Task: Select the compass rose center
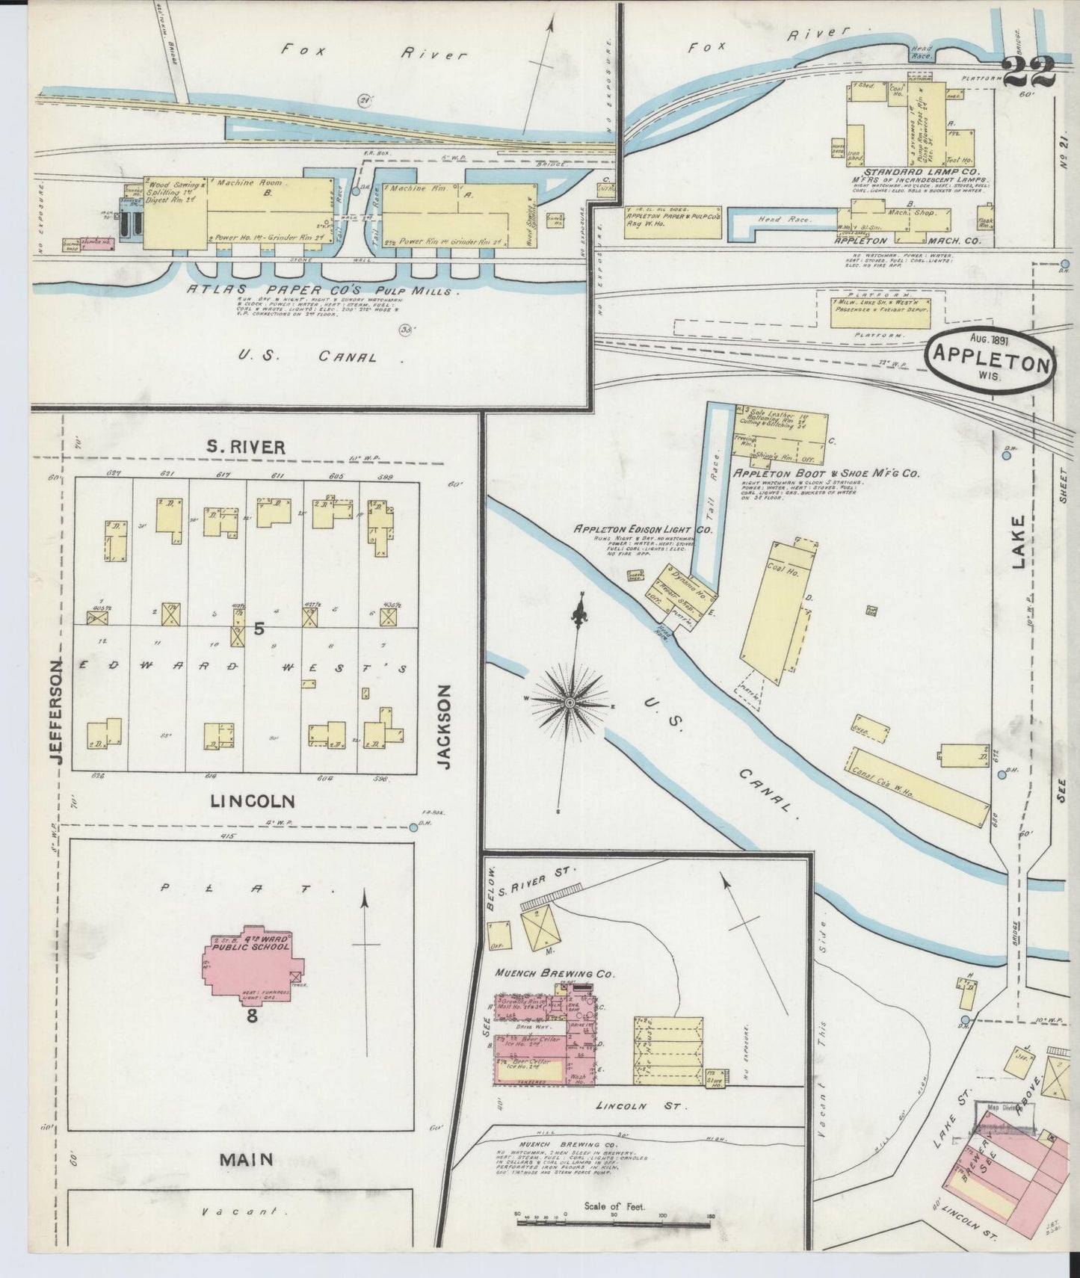(570, 703)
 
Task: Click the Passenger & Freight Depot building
(880, 312)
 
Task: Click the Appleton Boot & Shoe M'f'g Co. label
(825, 473)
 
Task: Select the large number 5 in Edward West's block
(259, 629)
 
